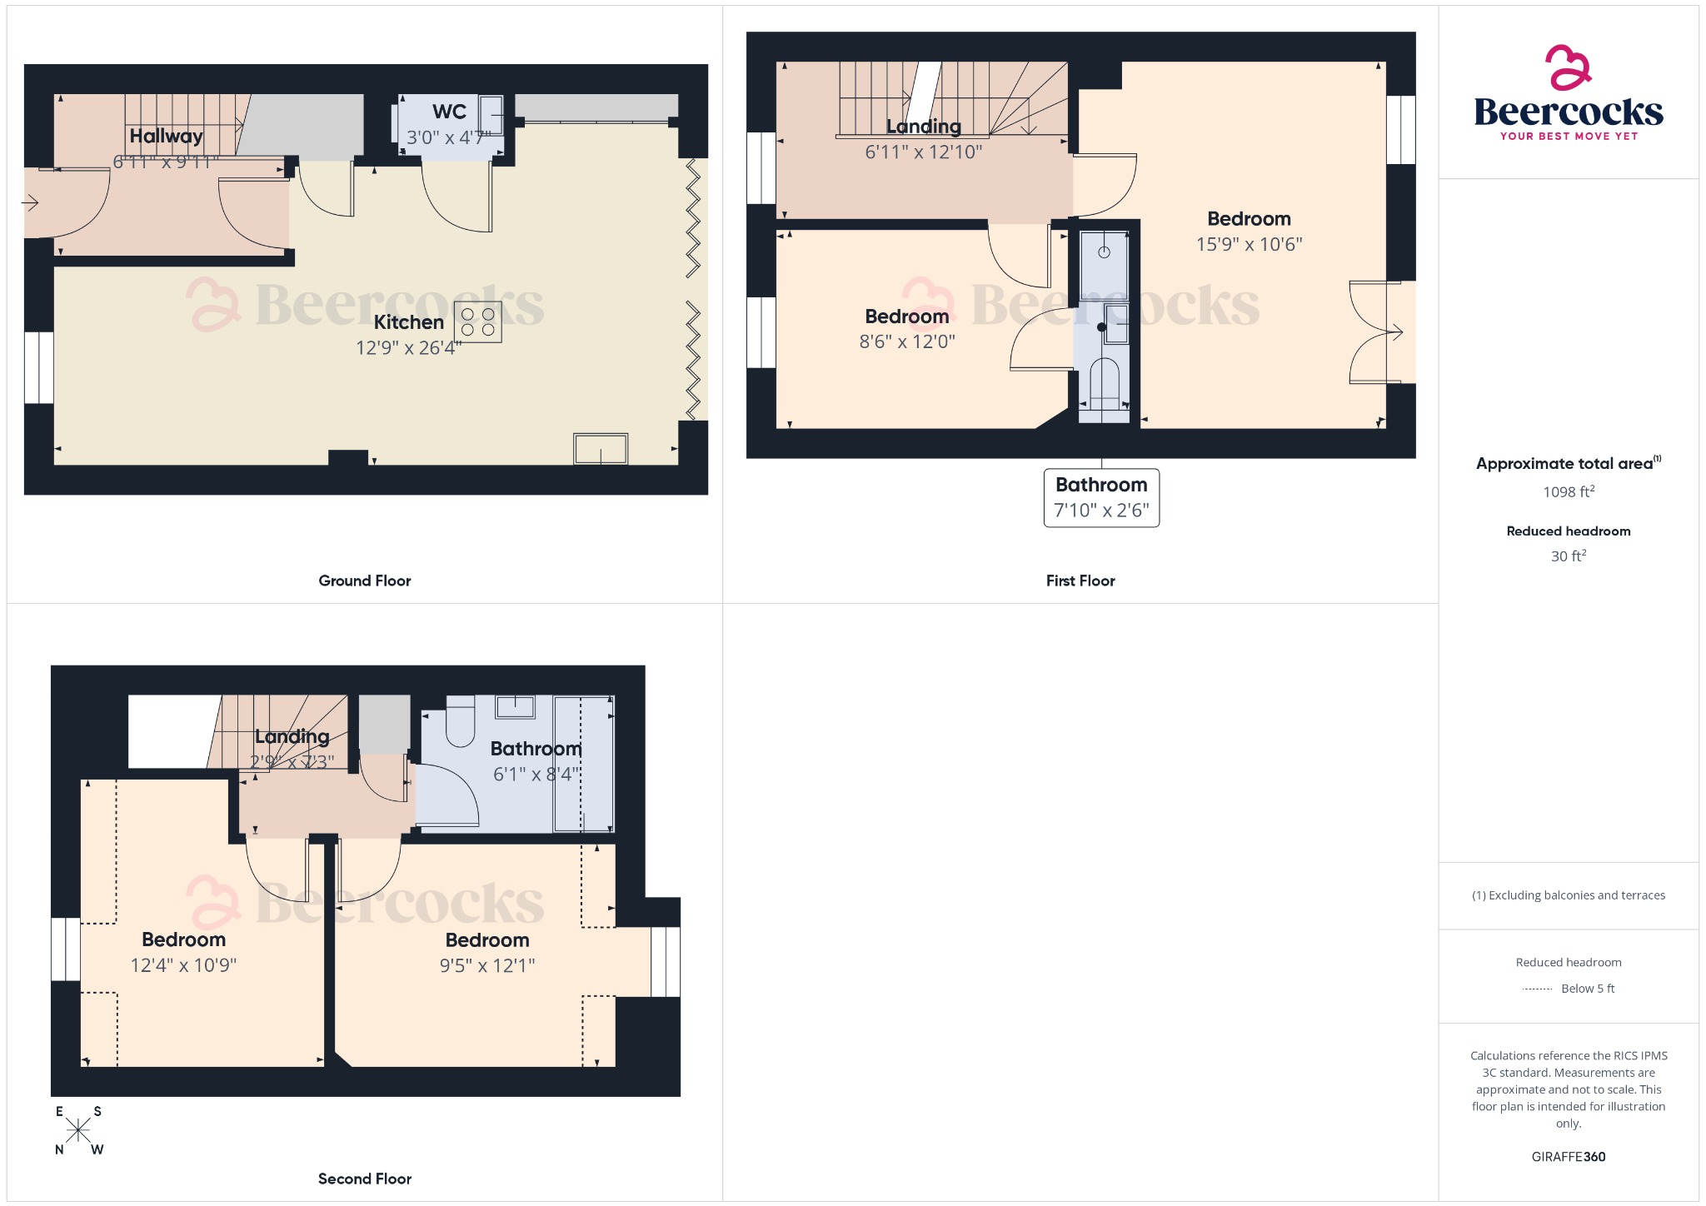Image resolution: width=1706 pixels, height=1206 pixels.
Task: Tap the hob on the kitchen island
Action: (x=477, y=322)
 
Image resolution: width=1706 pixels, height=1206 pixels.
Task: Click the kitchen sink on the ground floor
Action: (x=601, y=449)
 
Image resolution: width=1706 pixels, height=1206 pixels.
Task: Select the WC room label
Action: (x=449, y=112)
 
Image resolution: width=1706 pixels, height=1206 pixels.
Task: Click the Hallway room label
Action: (x=166, y=136)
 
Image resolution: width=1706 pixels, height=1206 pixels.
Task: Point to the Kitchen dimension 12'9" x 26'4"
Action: (x=408, y=348)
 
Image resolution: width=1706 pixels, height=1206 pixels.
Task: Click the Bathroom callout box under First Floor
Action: (x=1101, y=497)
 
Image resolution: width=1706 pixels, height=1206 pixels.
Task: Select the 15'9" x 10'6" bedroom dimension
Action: (x=1249, y=244)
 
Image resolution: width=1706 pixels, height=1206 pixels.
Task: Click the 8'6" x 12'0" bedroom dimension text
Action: (x=906, y=341)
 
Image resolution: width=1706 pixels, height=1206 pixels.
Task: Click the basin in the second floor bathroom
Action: (x=515, y=707)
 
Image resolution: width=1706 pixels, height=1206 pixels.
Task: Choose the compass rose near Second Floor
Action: (x=78, y=1130)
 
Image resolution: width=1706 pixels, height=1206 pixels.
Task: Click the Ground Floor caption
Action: (x=364, y=581)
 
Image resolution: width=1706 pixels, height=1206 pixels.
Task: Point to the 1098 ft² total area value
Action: (x=1568, y=492)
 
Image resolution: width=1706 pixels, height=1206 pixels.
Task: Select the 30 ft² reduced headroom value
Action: (x=1568, y=556)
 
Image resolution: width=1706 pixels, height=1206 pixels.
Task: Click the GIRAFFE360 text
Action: (x=1568, y=1156)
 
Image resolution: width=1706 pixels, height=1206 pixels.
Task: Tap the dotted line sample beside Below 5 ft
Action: (x=1536, y=989)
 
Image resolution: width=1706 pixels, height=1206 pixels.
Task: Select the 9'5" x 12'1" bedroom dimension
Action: (x=486, y=965)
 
